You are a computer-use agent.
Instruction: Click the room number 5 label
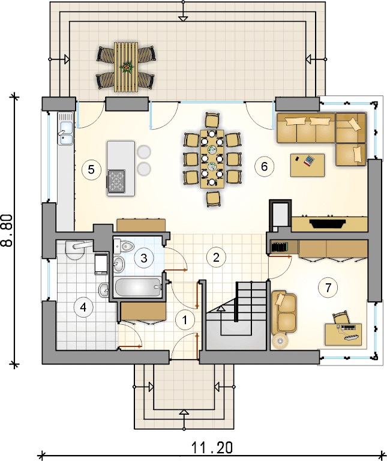[x=91, y=169]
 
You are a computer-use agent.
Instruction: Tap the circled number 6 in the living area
[x=264, y=166]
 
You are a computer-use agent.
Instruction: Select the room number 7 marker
[x=328, y=288]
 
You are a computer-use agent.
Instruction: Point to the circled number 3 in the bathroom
[x=143, y=258]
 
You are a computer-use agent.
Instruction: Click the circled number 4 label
[x=83, y=307]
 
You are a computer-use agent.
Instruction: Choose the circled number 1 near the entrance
[x=185, y=320]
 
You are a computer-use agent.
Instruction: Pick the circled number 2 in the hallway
[x=216, y=258]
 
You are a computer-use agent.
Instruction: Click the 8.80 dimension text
[x=7, y=230]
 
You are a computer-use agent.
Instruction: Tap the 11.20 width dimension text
[x=212, y=448]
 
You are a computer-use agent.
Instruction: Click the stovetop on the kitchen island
[x=116, y=181]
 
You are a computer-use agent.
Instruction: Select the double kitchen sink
[x=65, y=128]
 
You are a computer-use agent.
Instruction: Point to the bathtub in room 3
[x=139, y=288]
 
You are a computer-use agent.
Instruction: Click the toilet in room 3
[x=124, y=246]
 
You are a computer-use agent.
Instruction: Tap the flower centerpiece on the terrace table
[x=127, y=67]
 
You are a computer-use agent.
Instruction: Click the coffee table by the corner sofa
[x=307, y=165]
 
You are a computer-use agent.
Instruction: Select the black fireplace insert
[x=327, y=223]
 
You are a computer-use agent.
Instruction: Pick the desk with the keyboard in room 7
[x=344, y=334]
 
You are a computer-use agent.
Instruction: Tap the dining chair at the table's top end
[x=212, y=121]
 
